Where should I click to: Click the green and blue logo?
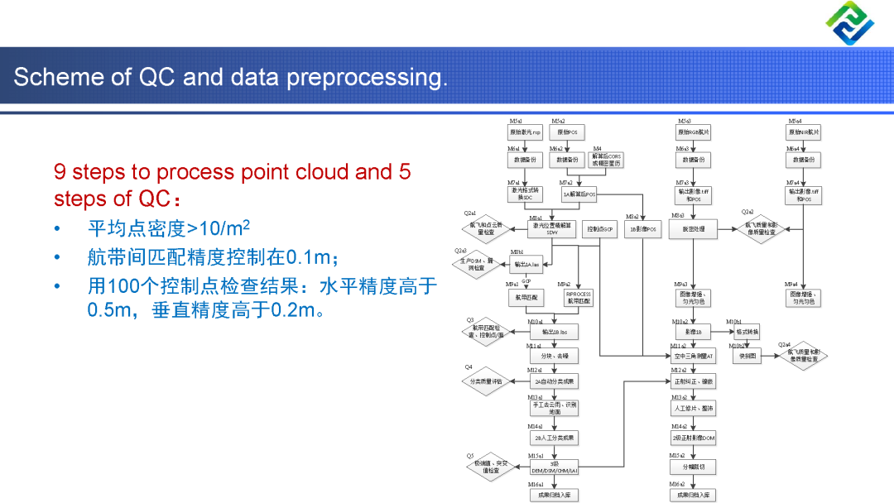coord(849,22)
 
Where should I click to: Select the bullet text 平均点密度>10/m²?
coord(169,228)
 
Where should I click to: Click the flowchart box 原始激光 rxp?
coord(525,132)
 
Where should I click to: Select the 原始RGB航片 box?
coord(694,132)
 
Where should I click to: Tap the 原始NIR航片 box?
coord(803,132)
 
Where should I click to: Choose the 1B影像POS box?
coord(643,228)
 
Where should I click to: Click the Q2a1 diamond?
coord(482,228)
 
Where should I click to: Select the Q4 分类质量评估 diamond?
coord(485,381)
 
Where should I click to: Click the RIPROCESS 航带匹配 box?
coord(579,298)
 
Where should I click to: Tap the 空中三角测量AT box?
coord(693,357)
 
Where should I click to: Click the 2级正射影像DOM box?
coord(693,438)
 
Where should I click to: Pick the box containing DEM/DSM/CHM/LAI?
coord(554,467)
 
